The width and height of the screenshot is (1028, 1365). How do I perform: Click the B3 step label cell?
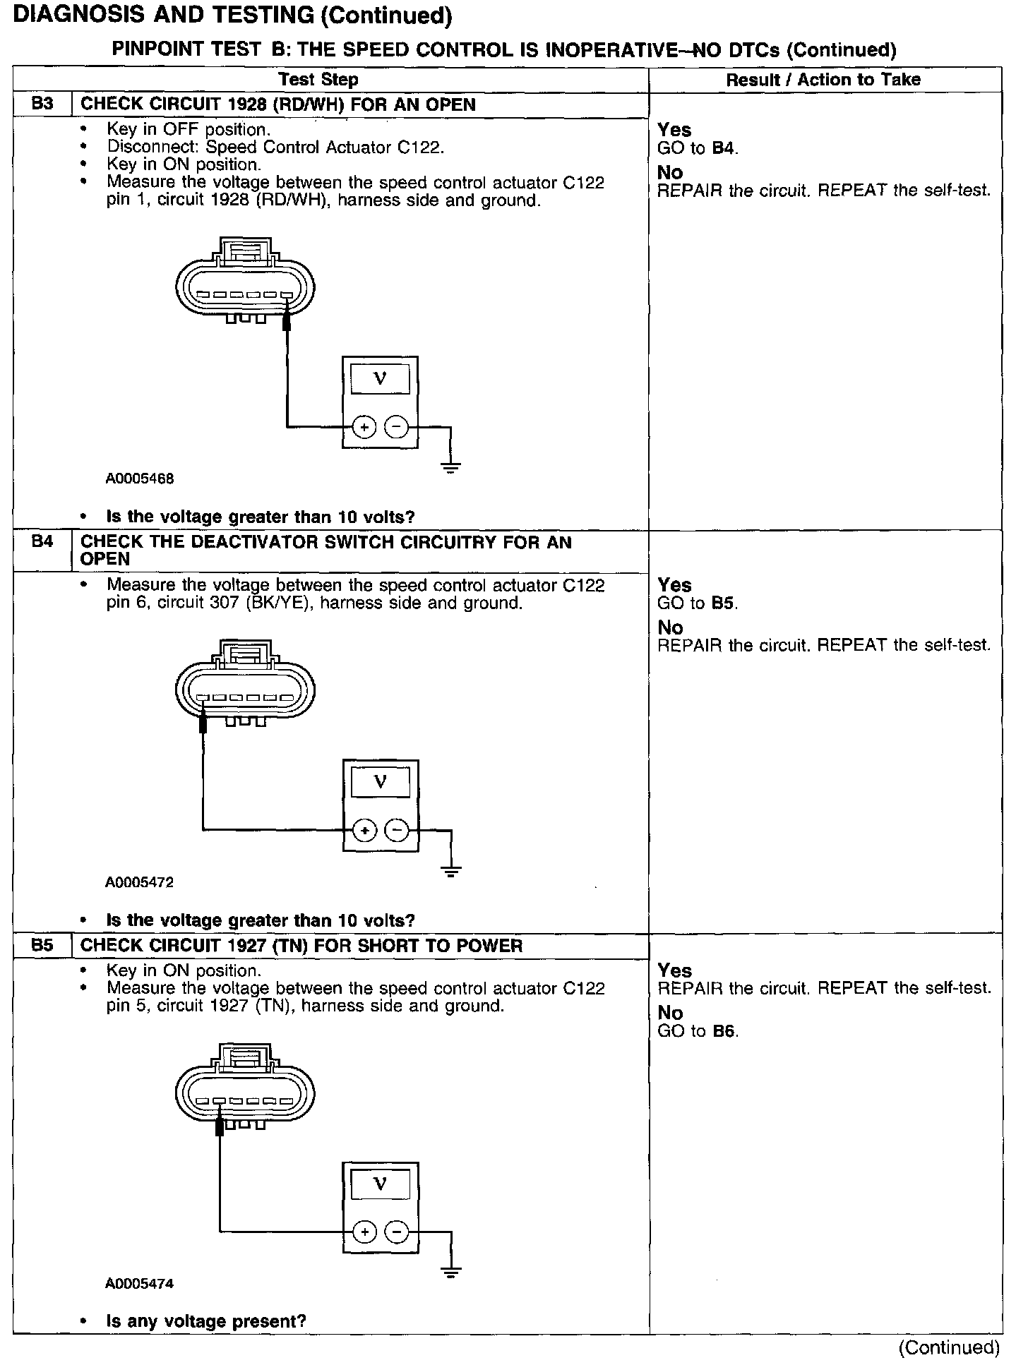point(42,104)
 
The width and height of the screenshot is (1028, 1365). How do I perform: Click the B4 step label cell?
point(42,542)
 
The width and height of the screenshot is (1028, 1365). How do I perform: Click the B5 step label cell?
point(42,946)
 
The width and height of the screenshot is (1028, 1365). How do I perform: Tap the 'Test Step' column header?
point(318,80)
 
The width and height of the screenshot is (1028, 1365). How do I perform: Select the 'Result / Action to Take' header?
point(823,80)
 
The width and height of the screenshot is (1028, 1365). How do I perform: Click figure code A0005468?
point(140,479)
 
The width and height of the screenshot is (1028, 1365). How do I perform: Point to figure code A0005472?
point(140,882)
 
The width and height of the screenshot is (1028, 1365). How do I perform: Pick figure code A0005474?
point(140,1284)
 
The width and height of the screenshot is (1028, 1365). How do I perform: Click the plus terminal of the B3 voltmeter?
point(364,427)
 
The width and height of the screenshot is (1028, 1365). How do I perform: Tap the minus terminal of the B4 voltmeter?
point(397,831)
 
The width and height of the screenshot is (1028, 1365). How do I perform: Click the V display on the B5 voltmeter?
point(380,1184)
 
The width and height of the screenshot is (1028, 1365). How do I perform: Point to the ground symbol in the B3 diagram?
point(450,467)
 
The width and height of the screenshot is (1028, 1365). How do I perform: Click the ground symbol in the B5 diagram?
point(450,1273)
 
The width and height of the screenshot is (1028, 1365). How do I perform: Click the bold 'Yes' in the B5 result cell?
point(674,970)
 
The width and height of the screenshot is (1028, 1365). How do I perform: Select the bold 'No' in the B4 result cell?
point(670,627)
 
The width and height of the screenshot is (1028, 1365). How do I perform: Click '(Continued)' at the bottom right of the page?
point(949,1347)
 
